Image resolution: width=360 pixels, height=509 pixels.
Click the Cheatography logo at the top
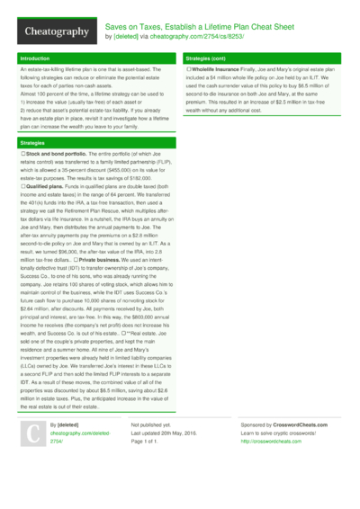pos(52,32)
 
